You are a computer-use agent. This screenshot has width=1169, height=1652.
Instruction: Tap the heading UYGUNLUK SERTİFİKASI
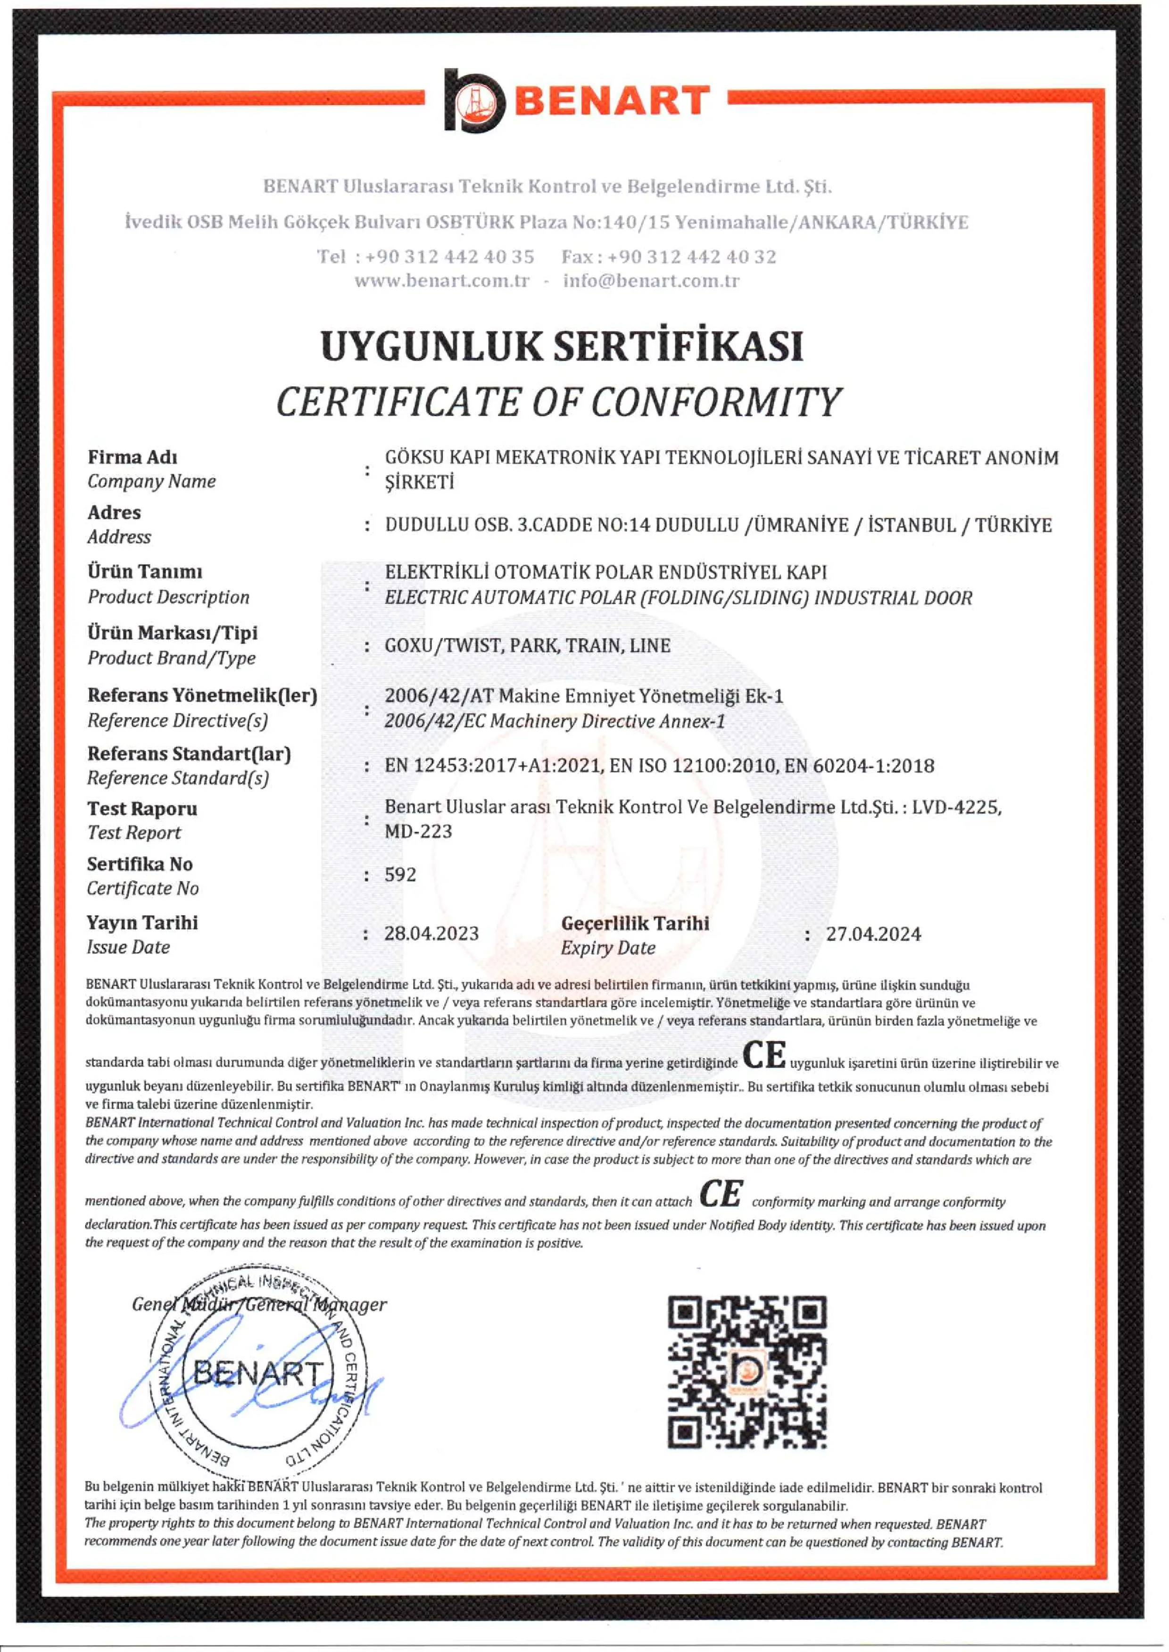pos(562,346)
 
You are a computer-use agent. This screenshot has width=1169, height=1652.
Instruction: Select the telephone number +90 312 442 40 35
pos(449,257)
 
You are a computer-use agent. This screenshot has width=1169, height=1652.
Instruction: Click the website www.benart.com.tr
pos(441,281)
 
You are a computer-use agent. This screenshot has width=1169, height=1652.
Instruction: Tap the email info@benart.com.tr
pos(651,281)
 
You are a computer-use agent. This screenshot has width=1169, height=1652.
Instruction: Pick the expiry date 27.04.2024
pos(873,934)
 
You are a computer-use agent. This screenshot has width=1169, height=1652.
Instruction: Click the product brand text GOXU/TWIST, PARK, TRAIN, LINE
pos(527,645)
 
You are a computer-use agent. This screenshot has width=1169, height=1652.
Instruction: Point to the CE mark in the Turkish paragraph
pos(764,1056)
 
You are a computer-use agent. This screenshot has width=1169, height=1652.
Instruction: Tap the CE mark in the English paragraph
pos(721,1194)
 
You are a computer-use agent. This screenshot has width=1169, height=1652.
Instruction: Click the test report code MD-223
pos(418,831)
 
